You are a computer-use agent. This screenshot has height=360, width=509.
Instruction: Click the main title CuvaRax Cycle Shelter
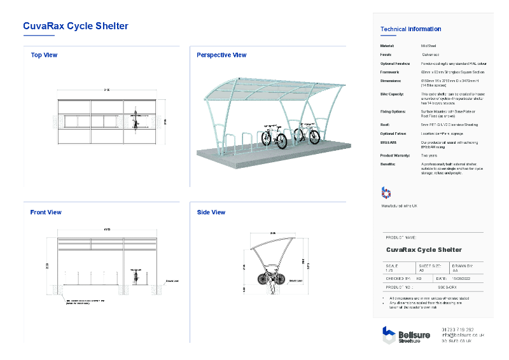click(76, 26)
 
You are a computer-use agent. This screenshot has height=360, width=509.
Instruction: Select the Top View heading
click(44, 55)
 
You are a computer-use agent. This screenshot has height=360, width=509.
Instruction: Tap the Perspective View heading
click(221, 55)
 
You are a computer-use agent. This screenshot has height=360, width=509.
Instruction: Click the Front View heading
click(46, 212)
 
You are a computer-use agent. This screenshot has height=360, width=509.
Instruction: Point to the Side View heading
click(211, 212)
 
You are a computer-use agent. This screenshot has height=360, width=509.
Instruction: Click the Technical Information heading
click(410, 29)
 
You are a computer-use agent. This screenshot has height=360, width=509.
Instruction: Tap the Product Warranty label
click(394, 155)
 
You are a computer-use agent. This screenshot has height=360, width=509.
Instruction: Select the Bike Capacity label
click(392, 94)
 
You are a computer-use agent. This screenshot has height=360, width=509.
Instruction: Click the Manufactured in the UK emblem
click(386, 193)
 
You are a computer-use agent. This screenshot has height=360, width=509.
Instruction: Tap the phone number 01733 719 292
click(457, 329)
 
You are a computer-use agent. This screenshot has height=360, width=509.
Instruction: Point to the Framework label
click(390, 73)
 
